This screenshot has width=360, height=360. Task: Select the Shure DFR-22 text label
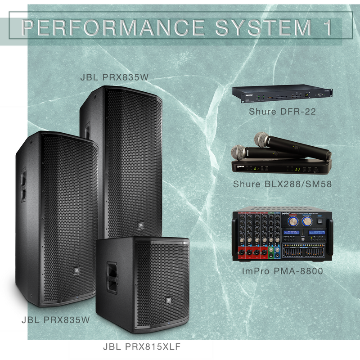[x=282, y=111]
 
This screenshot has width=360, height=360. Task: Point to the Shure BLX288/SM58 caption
[x=282, y=184]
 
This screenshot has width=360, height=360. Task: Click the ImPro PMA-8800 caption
[x=282, y=271]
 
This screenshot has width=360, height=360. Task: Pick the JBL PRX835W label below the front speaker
[x=55, y=320]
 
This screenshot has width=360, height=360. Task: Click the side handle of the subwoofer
[x=111, y=275]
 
